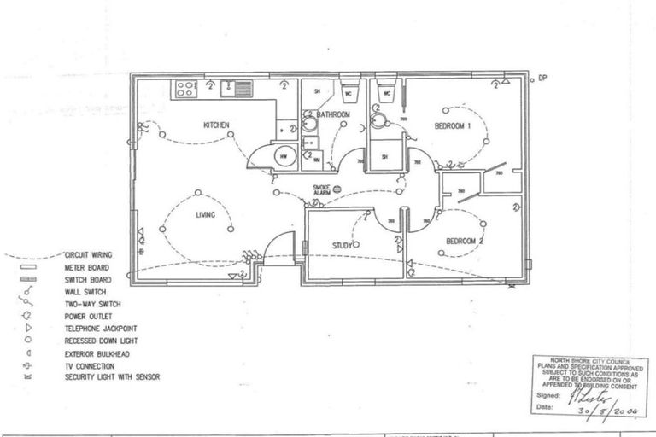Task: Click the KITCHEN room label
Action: [216, 125]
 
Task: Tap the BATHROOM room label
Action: [333, 114]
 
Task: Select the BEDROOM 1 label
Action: [453, 126]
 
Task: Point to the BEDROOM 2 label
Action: [465, 242]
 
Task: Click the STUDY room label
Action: [343, 246]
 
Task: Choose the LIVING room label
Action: [204, 215]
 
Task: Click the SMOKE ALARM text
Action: [321, 190]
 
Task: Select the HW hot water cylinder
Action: [284, 156]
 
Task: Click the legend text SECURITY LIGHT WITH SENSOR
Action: [112, 376]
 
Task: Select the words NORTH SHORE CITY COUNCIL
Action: [589, 361]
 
